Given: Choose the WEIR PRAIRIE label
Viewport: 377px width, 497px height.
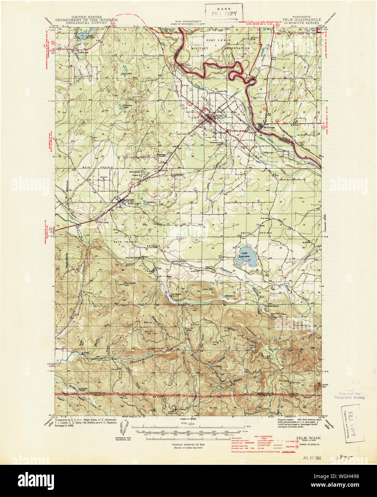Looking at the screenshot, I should click(x=102, y=167).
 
